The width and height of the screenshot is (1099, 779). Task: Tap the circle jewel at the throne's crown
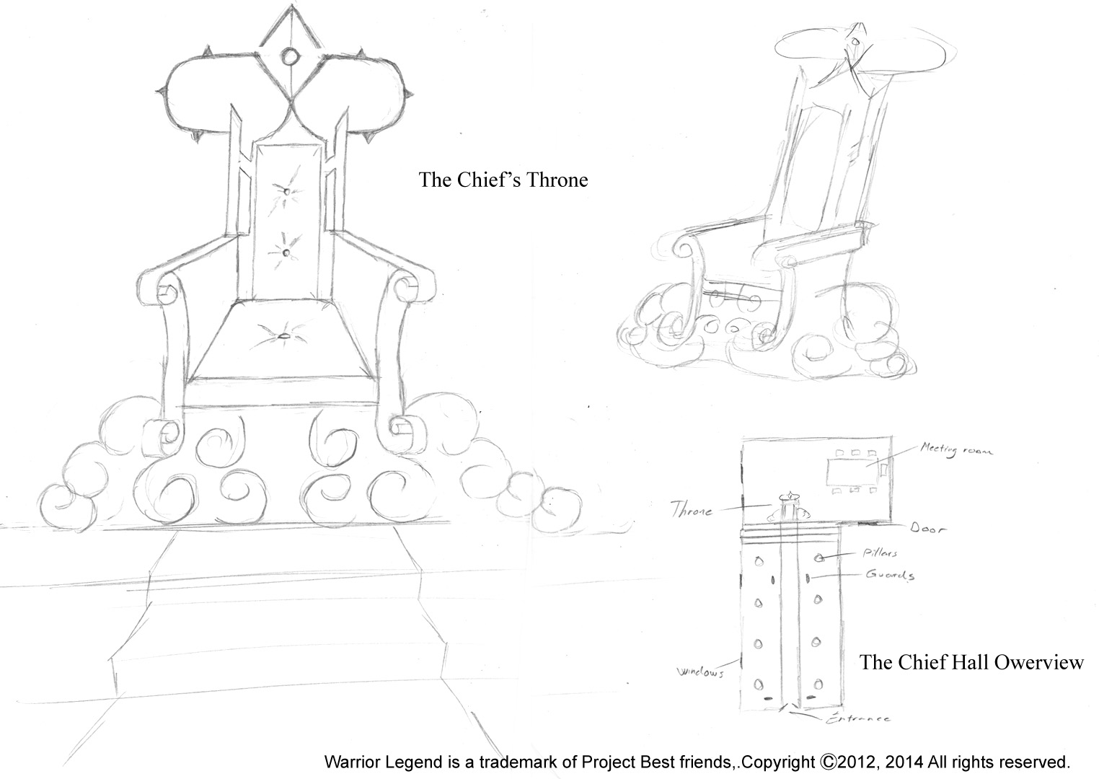coord(290,56)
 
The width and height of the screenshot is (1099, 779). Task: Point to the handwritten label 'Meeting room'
coord(955,451)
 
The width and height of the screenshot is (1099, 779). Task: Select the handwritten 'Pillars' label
coord(879,553)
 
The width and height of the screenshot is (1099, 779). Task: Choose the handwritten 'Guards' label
coord(891,575)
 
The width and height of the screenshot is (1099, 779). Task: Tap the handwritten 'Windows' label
coord(699,672)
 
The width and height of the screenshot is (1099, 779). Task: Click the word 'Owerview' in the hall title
coord(1038,662)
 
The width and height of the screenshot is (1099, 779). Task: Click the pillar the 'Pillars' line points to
coord(820,558)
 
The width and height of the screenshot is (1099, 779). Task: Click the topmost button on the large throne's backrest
coord(286,193)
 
